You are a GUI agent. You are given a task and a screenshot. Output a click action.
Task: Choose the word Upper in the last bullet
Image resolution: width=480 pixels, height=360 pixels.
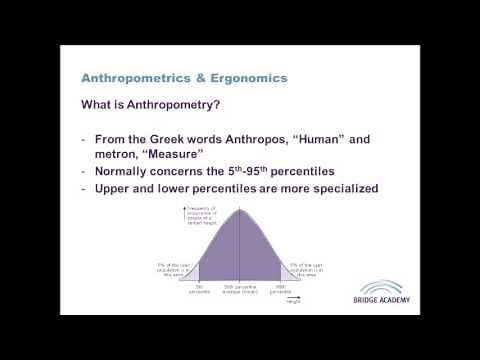pos(116,190)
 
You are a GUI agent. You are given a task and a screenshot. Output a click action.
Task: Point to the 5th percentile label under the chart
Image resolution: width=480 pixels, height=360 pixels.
pos(200,290)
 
